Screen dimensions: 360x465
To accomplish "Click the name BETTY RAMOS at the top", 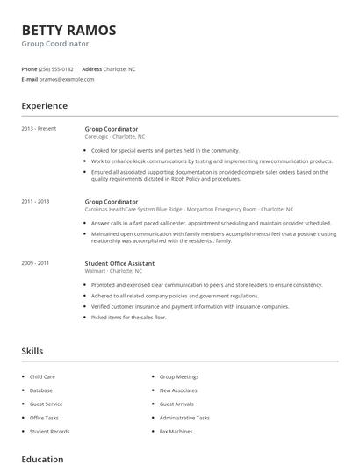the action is pos(68,30).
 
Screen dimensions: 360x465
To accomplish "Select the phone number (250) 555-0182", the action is pos(57,68).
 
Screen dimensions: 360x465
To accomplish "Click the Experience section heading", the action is pos(44,106).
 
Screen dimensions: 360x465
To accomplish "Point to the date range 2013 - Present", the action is pos(39,129).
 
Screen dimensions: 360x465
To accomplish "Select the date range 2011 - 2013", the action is pos(35,201).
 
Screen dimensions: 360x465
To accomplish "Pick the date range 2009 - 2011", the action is pos(35,263).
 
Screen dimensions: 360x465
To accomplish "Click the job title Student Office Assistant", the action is pos(119,263).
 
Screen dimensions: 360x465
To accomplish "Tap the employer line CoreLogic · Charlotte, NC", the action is pos(115,137).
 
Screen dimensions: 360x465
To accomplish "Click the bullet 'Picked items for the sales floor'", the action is pos(129,318).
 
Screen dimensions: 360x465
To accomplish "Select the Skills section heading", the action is pos(32,351).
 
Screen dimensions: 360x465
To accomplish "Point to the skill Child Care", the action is pos(42,376).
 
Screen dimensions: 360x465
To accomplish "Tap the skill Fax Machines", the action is pos(176,432).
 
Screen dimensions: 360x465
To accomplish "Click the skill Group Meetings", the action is pos(179,376).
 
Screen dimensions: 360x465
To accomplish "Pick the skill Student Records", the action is pos(49,432).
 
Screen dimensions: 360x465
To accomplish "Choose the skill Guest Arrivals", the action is pos(177,404).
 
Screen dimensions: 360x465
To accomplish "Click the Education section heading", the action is pos(42,459).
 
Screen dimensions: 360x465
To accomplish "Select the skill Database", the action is pos(41,390).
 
